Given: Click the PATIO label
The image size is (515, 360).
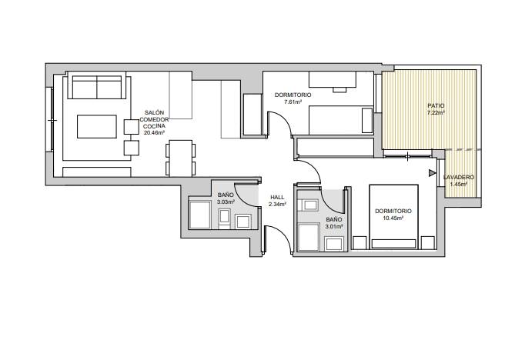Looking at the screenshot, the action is [436, 105].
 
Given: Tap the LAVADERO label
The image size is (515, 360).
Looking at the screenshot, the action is [459, 177].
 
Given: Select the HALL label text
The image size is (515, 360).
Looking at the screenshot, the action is [278, 197].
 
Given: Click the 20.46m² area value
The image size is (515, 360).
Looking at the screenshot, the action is [154, 132].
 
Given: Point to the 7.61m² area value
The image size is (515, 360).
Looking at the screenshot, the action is [293, 102].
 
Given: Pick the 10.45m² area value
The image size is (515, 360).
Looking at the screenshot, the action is [393, 218].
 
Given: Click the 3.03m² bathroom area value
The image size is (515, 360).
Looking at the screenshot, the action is [226, 202].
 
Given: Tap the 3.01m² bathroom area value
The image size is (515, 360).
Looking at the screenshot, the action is [334, 226].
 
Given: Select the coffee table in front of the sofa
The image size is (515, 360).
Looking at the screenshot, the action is [97, 126].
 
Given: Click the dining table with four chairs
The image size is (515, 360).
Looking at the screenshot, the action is [180, 158].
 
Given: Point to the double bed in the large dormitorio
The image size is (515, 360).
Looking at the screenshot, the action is [393, 217].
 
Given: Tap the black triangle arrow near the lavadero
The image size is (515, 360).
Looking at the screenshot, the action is [432, 173].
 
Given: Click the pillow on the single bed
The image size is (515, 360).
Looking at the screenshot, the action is [367, 121].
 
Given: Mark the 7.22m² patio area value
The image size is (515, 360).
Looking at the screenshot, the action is [436, 112].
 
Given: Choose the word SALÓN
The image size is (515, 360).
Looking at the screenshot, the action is [154, 112].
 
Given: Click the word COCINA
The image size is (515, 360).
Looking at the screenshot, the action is [154, 126].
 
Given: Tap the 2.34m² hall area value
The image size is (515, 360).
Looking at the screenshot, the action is [278, 204].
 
